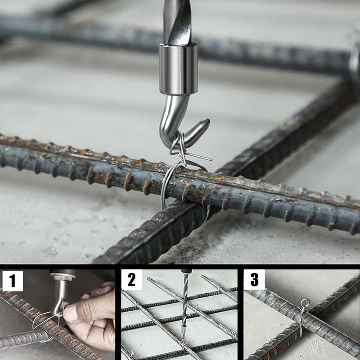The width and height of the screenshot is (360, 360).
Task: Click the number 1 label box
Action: click(13, 281)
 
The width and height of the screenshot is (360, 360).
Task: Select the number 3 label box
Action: click(254, 279)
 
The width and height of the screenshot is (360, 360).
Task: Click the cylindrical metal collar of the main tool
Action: click(178, 69)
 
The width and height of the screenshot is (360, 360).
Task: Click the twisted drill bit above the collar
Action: click(177, 22)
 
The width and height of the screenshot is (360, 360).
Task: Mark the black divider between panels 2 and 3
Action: click(240, 312)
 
